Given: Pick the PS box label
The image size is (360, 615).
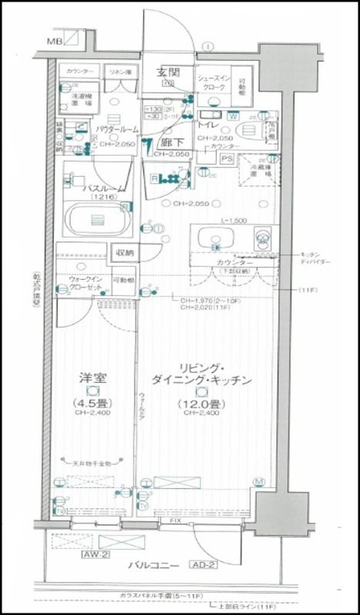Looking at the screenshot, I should [226, 160].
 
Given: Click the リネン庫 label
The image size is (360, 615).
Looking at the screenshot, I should [120, 71].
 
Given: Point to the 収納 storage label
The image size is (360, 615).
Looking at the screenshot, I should [124, 251].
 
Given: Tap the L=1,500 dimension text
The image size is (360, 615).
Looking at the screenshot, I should [232, 221].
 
